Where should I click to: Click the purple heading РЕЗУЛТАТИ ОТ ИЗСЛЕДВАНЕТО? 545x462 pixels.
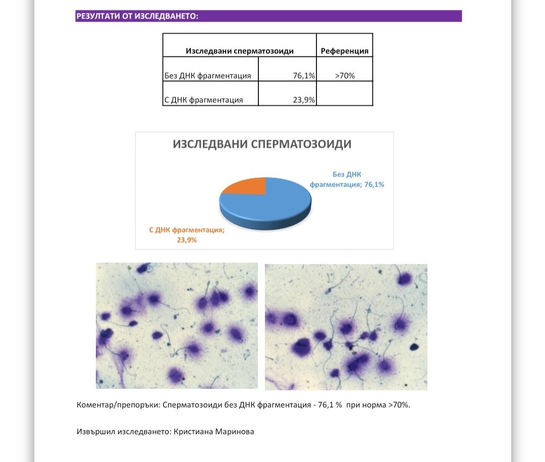coord(137,16)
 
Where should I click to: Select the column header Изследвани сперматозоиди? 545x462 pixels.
coord(240,51)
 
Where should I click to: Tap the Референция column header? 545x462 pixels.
coord(345,51)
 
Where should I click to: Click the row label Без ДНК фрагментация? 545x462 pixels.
coord(208,76)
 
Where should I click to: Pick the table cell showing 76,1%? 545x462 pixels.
coord(304,76)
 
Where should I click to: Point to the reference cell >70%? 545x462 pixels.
coord(345,76)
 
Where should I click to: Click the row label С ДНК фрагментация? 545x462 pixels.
coord(203,100)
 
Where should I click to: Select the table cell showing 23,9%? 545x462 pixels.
coord(304,100)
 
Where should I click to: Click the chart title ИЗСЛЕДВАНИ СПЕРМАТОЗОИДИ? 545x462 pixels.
coord(262,144)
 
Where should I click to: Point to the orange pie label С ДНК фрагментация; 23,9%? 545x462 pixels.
coord(187,235)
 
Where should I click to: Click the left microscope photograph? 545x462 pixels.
coord(177,326)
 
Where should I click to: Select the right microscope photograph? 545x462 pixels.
coord(346,327)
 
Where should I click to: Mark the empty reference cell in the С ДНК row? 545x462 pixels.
coord(345,94)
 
